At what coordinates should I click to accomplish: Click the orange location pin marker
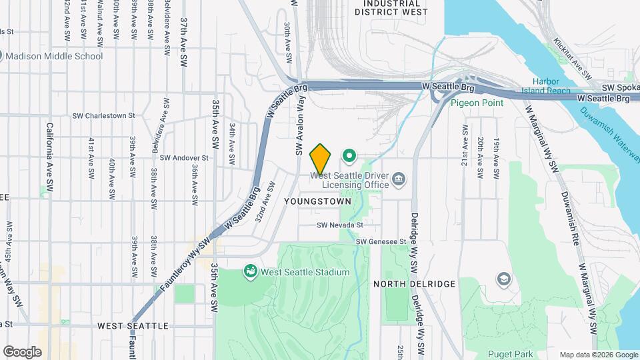(x=320, y=158)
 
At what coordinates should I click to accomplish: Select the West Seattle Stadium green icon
(x=251, y=271)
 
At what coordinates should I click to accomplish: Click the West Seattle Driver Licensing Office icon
(x=399, y=178)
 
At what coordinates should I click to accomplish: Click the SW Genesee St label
(x=381, y=241)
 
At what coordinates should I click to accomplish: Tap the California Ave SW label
(x=49, y=153)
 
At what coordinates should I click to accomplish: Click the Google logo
(x=22, y=351)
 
